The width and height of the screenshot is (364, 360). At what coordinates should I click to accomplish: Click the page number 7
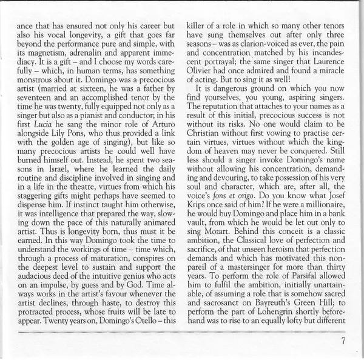[343, 339]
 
